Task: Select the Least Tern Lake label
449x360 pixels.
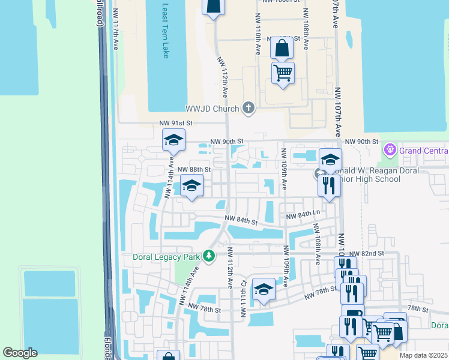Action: click(166, 31)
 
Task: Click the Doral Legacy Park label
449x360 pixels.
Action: click(167, 257)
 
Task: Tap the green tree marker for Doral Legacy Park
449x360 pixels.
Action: click(209, 256)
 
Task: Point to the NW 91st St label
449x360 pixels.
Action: click(175, 123)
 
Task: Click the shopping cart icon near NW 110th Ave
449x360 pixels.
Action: click(283, 73)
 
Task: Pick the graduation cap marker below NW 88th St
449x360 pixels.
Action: click(191, 187)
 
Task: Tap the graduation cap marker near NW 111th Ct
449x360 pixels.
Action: click(264, 290)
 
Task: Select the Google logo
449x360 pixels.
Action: click(20, 353)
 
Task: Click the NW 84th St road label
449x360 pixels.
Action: click(241, 220)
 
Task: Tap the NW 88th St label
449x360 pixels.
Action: click(194, 170)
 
